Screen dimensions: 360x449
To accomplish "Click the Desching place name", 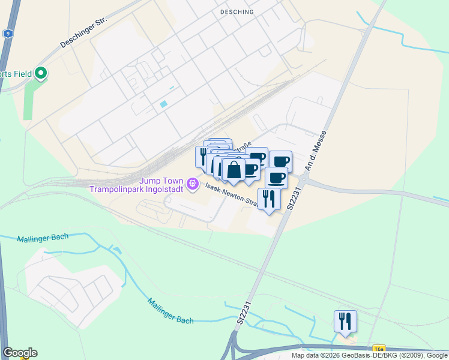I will pyautogui.click(x=237, y=11).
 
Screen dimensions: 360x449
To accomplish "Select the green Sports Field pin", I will pyautogui.click(x=41, y=74).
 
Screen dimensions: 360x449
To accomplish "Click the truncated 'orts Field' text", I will pyautogui.click(x=16, y=74).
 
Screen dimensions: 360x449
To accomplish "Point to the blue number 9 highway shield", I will pyautogui.click(x=7, y=34).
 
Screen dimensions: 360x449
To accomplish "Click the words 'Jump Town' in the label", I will pyautogui.click(x=160, y=180).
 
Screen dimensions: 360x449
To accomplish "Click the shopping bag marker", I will pyautogui.click(x=234, y=170).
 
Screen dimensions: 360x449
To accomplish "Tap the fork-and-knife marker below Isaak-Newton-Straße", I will pyautogui.click(x=268, y=198).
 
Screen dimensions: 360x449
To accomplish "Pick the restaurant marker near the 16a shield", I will pyautogui.click(x=345, y=321).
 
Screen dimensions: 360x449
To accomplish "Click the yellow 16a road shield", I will pyautogui.click(x=379, y=348).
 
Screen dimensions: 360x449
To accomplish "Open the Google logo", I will pyautogui.click(x=20, y=353).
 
